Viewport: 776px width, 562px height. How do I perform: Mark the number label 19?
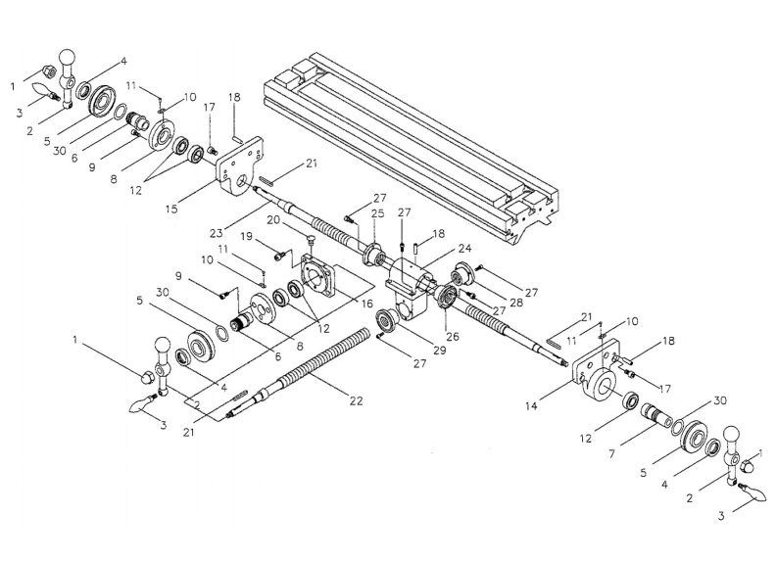pos(249,237)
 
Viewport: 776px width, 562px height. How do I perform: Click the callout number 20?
pos(275,222)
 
